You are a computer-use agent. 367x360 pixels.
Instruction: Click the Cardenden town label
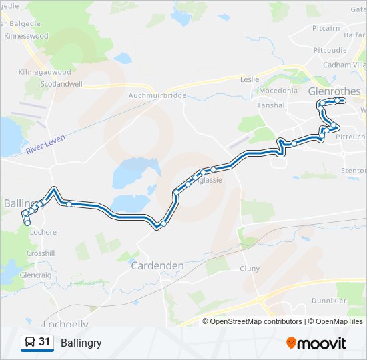(x=157, y=265)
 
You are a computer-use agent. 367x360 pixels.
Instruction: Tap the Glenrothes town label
(x=334, y=91)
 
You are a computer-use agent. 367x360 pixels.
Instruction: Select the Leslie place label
(x=249, y=79)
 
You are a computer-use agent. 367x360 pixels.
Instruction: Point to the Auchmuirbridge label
(x=157, y=95)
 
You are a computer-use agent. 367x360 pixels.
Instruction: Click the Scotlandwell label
(x=61, y=84)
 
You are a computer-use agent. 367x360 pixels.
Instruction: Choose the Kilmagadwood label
(x=45, y=71)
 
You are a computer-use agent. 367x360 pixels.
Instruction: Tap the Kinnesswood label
(x=26, y=35)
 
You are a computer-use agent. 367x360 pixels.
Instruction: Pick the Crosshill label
(x=41, y=253)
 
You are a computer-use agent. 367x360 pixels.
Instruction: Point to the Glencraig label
(x=35, y=275)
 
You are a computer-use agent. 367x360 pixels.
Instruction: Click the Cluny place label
(x=249, y=269)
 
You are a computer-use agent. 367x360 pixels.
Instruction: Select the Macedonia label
(x=278, y=91)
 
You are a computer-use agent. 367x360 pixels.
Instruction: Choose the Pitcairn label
(x=326, y=29)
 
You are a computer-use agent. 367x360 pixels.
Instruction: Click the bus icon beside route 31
(x=29, y=343)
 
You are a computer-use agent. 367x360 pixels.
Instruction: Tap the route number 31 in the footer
(x=45, y=342)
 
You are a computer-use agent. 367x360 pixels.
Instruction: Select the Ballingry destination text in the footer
(x=81, y=343)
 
